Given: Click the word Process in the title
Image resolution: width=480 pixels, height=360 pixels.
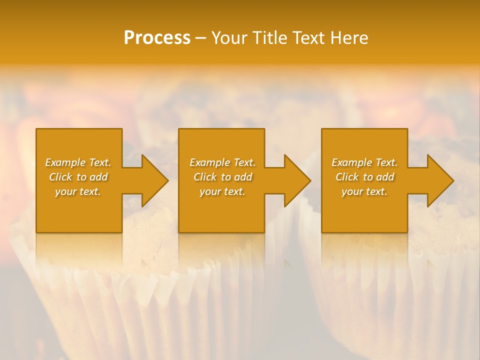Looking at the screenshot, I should (x=157, y=38).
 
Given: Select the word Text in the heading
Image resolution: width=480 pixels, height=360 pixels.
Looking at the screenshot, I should (x=308, y=38).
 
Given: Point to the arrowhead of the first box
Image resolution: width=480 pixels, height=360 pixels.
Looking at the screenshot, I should (x=155, y=180).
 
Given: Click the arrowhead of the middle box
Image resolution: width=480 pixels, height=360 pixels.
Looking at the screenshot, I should (x=297, y=180).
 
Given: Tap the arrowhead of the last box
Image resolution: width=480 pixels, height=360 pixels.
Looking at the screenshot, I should (x=440, y=180).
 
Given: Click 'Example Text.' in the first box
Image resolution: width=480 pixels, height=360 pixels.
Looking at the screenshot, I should (x=78, y=162).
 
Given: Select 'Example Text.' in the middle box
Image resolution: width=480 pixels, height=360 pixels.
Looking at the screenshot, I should (x=222, y=162).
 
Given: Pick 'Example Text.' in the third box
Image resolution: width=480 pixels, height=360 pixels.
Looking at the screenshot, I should (x=364, y=162).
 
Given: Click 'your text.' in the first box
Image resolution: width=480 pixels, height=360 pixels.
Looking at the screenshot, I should (x=78, y=191).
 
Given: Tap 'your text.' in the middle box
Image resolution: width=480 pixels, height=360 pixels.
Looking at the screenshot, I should (x=222, y=191).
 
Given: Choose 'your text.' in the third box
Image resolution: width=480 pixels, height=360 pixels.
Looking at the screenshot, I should (x=364, y=191).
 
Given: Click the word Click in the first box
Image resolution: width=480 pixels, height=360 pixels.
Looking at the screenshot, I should (x=61, y=177).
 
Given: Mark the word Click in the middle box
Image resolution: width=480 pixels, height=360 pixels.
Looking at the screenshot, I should (x=205, y=177).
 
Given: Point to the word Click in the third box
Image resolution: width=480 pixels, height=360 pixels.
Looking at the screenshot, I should (x=347, y=177).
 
